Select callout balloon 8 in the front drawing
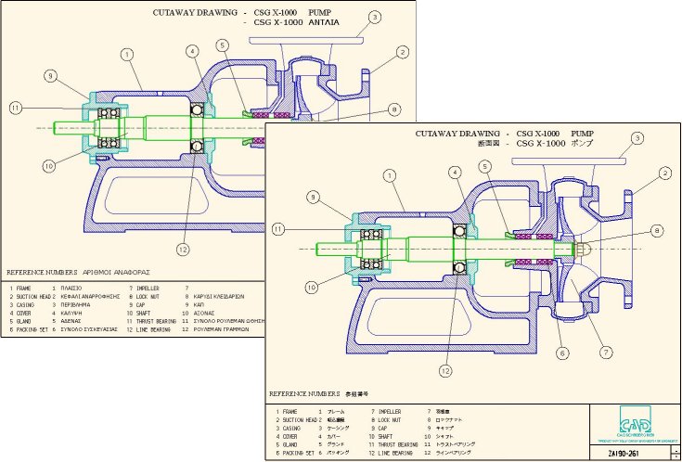click(x=656, y=230)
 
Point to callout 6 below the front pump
click(x=563, y=353)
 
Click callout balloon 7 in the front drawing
click(x=608, y=353)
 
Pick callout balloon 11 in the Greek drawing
click(x=15, y=108)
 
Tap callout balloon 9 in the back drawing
click(x=51, y=75)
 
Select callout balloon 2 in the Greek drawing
click(x=402, y=52)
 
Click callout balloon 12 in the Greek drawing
click(x=184, y=248)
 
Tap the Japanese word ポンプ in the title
click(x=581, y=143)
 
